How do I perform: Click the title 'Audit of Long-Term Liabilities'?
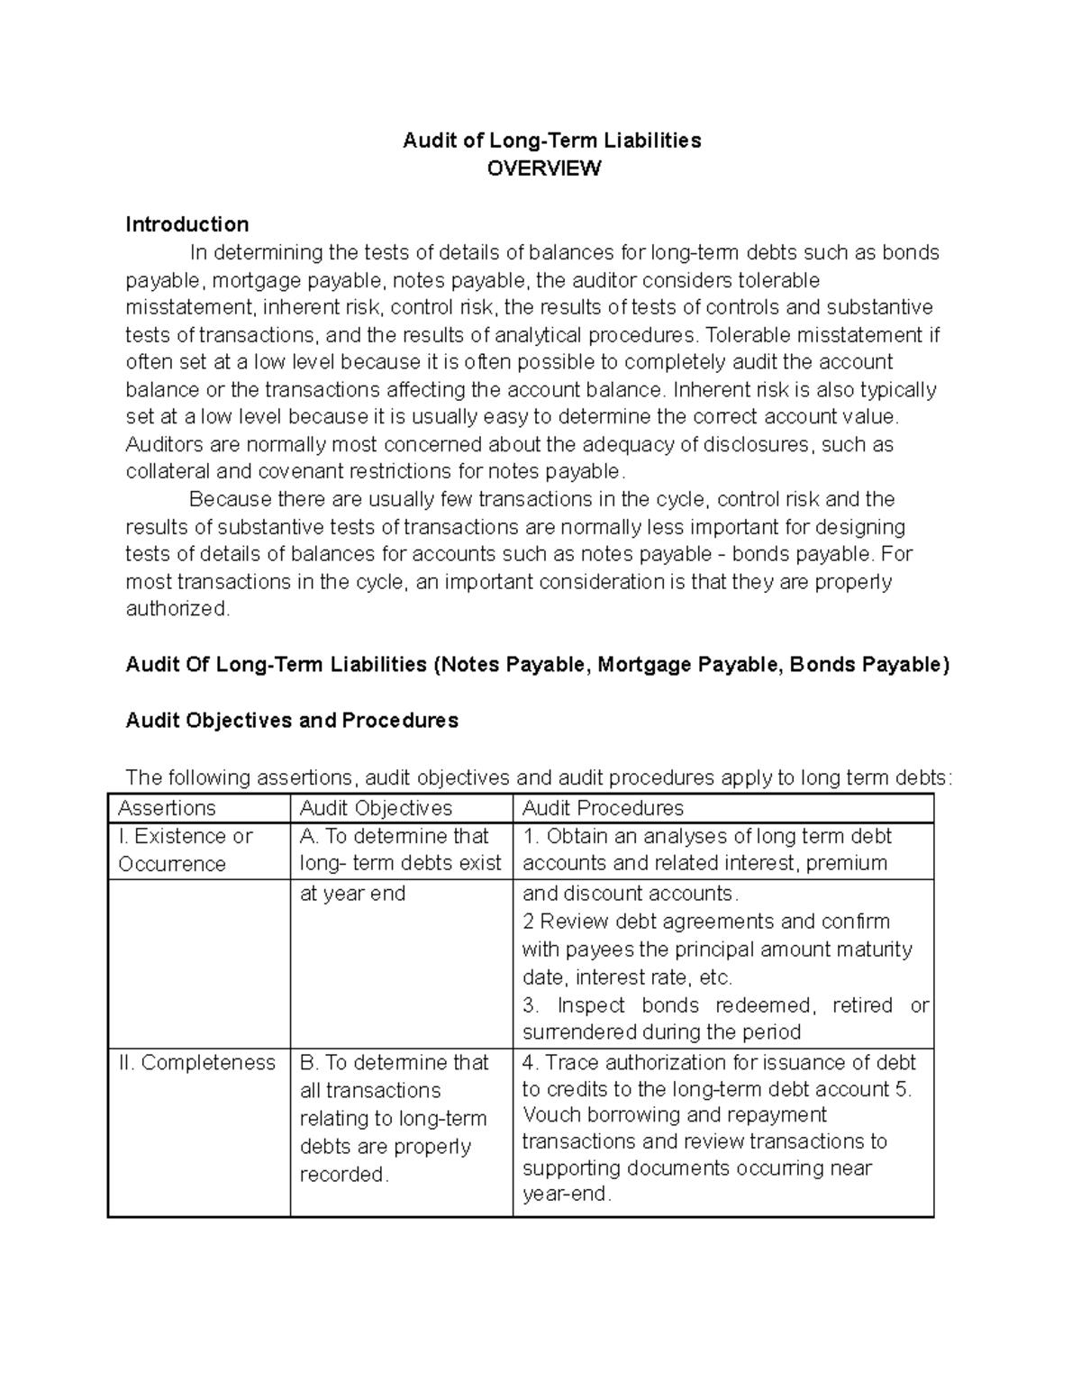tap(551, 141)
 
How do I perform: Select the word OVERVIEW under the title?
tap(543, 168)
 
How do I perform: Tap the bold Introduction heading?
tap(186, 224)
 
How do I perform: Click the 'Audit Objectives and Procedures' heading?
tap(292, 721)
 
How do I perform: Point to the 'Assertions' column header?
tap(167, 808)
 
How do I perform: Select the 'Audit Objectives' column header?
tap(376, 808)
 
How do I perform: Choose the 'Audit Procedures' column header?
tap(603, 808)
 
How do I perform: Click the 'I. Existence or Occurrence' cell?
tap(185, 849)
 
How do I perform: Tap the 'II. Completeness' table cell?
tap(196, 1063)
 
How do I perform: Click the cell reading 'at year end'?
tap(352, 894)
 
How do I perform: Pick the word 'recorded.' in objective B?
tap(344, 1175)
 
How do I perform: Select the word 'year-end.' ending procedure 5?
tap(567, 1195)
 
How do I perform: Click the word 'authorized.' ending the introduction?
tap(177, 609)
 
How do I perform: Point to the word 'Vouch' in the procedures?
tap(550, 1115)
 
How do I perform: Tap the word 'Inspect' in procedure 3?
tap(591, 1005)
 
